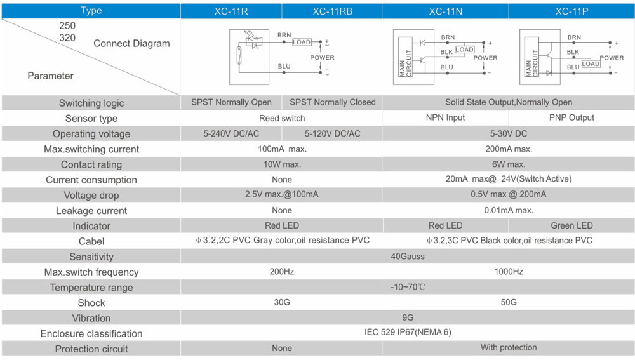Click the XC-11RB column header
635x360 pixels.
[x=332, y=11]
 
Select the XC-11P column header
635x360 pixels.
[x=571, y=11]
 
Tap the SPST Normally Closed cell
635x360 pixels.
[x=332, y=102]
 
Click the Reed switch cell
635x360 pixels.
[x=282, y=118]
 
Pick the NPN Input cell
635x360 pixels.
[x=445, y=117]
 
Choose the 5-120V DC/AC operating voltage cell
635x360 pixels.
[x=332, y=134]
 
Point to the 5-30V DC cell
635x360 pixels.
[x=509, y=134]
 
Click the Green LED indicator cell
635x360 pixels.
[x=571, y=225]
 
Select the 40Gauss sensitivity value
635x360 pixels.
[x=408, y=257]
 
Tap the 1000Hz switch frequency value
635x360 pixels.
[x=509, y=272]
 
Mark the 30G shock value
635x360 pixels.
[x=282, y=302]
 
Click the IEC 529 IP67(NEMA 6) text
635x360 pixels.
[x=408, y=332]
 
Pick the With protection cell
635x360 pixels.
[x=509, y=347]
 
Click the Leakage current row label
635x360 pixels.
[x=91, y=211]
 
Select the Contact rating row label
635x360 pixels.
[x=91, y=165]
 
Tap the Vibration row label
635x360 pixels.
[x=91, y=318]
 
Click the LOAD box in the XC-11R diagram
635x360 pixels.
[x=302, y=43]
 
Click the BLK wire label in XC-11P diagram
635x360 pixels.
[x=573, y=52]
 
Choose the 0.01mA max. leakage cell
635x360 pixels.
[x=509, y=210]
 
